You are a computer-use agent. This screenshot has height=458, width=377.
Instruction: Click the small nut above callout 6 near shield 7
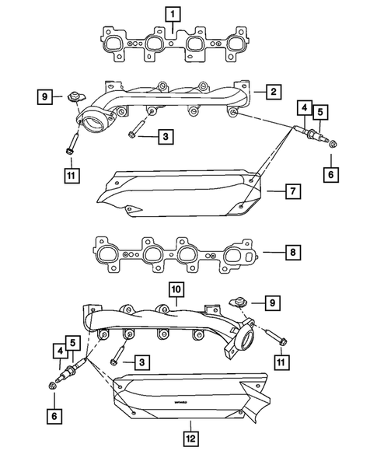[332, 145]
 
